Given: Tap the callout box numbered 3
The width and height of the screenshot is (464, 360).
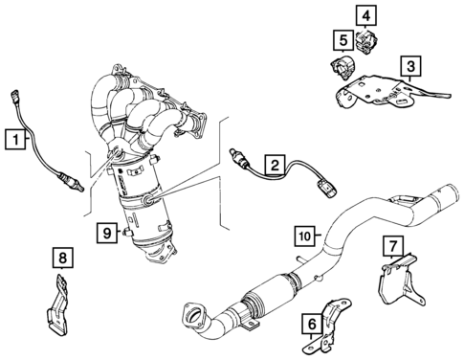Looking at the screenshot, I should (409, 66).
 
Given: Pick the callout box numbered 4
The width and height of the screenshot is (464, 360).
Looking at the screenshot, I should (367, 14).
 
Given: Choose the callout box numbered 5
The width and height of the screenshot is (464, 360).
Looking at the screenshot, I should (340, 39).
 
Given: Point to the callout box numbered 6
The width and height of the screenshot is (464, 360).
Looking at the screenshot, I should (312, 324).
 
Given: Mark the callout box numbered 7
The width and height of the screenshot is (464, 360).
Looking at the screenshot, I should (393, 246).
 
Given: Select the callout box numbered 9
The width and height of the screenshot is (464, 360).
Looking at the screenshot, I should (107, 230).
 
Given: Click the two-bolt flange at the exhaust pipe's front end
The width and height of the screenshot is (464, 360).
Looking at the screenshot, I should (191, 314).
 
